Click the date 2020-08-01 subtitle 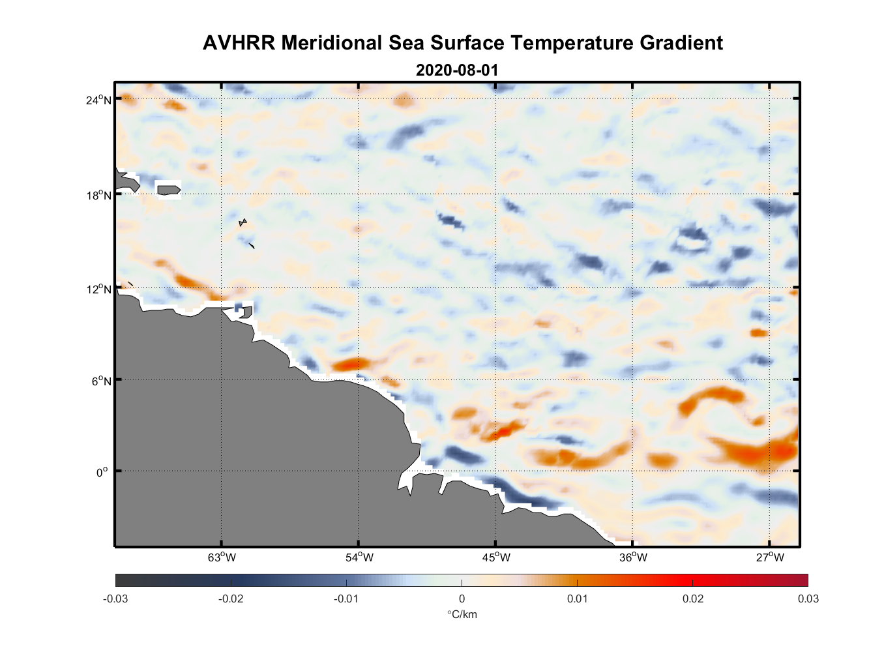tap(457, 70)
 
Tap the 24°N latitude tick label tap(98, 100)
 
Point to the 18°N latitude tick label tap(98, 195)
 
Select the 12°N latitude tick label tap(98, 289)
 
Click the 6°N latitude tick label tap(101, 381)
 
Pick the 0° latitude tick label tap(102, 472)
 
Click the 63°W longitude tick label tap(222, 557)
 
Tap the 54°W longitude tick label tap(359, 557)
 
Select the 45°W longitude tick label tap(496, 557)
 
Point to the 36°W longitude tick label tap(633, 557)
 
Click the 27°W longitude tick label tap(770, 557)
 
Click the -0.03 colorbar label tap(115, 599)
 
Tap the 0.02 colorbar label tap(693, 599)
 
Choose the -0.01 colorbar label tap(346, 599)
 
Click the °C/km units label tap(462, 614)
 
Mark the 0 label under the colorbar tap(462, 599)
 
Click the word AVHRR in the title tap(239, 43)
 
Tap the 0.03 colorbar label tap(808, 599)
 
